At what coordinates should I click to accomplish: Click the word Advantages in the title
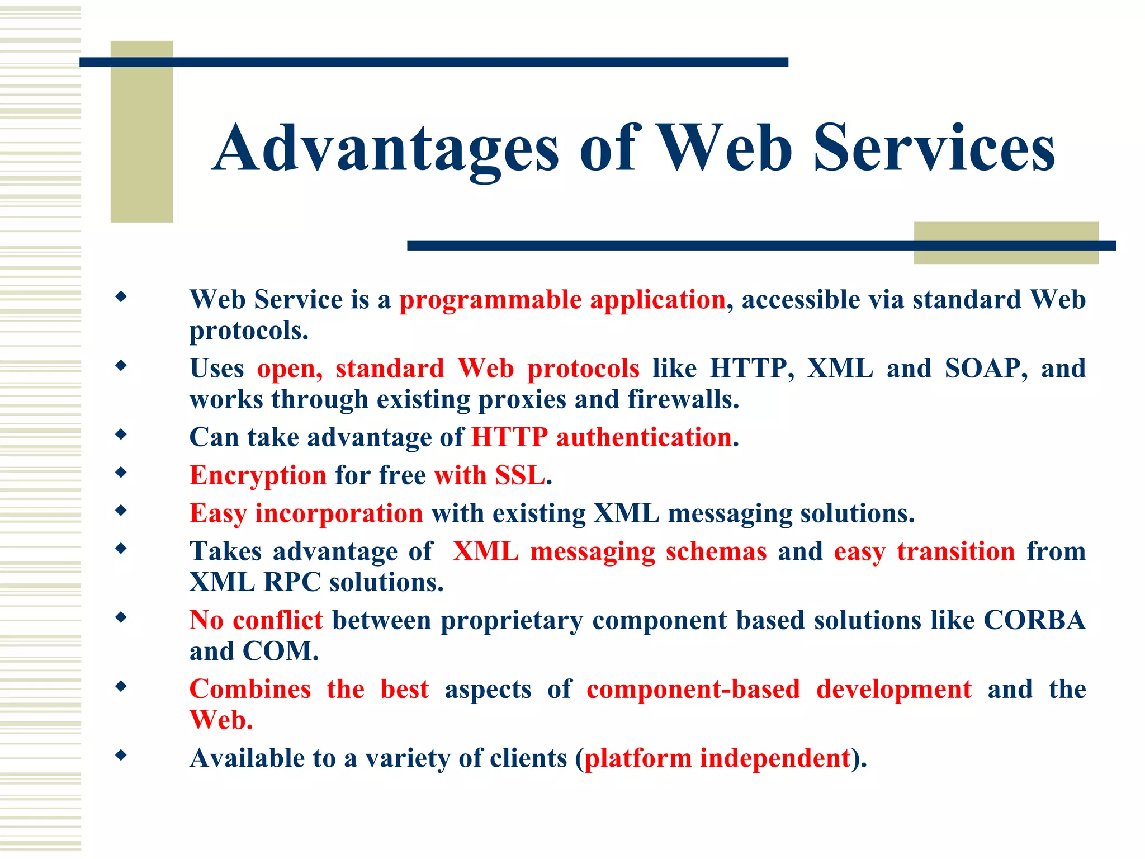(386, 148)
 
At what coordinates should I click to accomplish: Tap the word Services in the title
(934, 148)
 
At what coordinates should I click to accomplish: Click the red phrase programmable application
(562, 300)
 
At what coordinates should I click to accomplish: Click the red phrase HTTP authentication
(602, 437)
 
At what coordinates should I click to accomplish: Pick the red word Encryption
(258, 476)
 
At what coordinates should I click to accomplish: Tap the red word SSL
(519, 475)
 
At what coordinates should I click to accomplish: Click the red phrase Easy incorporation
(306, 513)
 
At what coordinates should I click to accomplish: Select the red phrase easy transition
(924, 551)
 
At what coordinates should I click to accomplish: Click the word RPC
(292, 582)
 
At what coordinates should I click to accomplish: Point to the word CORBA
(1034, 620)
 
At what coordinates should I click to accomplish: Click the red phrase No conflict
(256, 620)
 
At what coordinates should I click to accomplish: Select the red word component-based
(693, 689)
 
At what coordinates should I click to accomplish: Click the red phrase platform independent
(717, 758)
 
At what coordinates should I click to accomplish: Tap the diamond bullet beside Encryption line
(121, 473)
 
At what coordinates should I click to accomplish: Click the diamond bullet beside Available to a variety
(121, 756)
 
